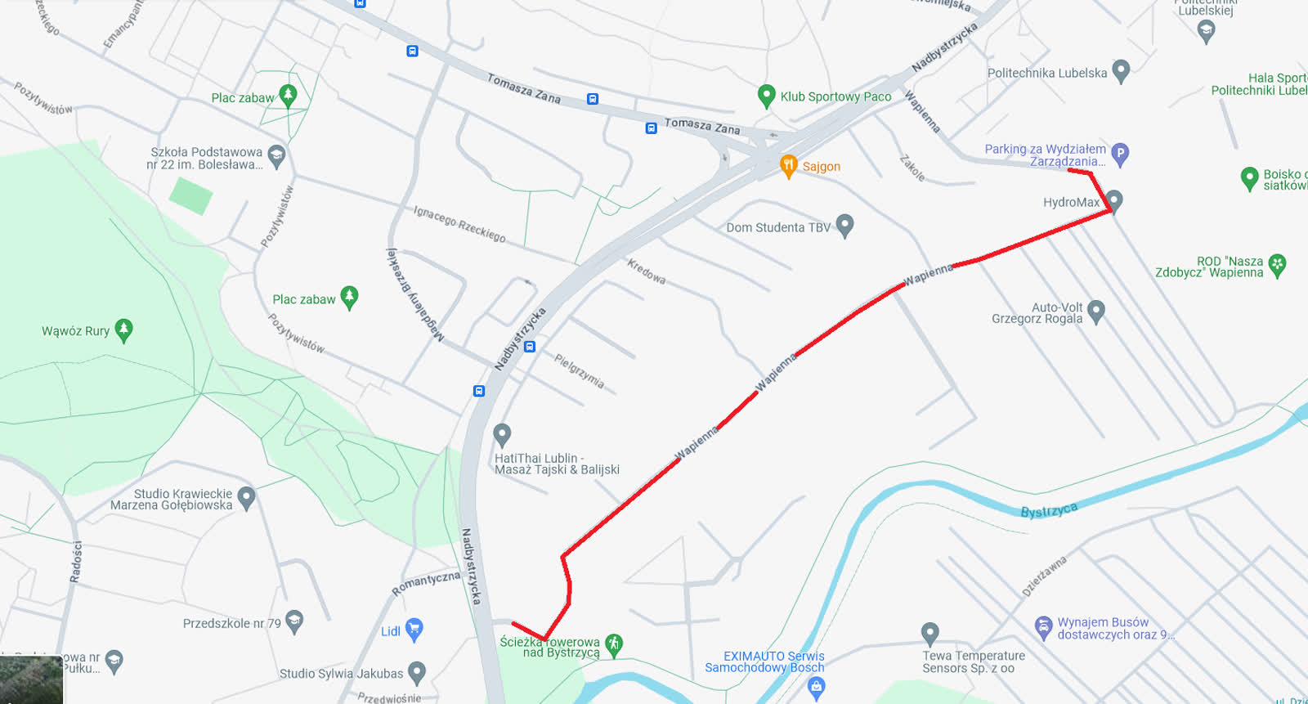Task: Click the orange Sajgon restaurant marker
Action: point(788,165)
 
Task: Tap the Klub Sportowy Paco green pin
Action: point(766,96)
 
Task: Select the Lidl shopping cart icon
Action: point(414,629)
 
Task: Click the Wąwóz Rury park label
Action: point(75,331)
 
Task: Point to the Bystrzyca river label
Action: point(1049,510)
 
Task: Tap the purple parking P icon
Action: point(1120,153)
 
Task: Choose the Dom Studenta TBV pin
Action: point(845,225)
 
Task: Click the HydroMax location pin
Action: point(1113,200)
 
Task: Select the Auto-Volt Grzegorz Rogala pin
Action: point(1096,310)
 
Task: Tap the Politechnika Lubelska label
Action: point(1046,73)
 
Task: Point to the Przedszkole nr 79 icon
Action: point(294,621)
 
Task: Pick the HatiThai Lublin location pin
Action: point(502,434)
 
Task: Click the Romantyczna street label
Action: point(426,583)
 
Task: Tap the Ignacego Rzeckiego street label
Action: point(459,223)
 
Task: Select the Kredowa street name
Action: point(646,271)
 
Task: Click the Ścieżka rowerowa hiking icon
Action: point(614,644)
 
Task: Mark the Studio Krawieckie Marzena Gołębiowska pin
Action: point(246,496)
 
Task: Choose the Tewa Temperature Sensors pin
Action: point(929,633)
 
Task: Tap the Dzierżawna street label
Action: point(1044,576)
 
